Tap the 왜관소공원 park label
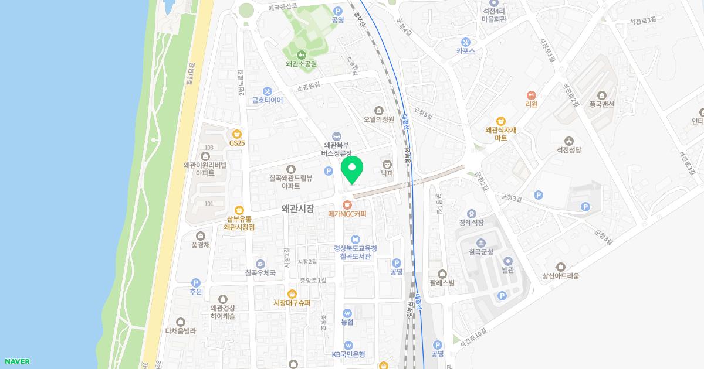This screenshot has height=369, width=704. pos(301,64)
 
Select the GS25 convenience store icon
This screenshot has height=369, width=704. pos(237,134)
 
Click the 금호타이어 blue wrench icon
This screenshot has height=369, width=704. pos(268,91)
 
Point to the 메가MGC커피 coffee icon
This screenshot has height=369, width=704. pos(347,204)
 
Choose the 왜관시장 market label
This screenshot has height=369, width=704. pos(297,208)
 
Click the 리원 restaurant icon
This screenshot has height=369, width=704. pos(531,95)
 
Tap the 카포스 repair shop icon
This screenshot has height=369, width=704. pos(466,42)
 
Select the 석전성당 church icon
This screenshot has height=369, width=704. pos(568,141)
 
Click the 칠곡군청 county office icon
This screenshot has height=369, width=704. pos(481,243)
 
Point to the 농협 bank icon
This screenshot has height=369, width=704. pos(347,313)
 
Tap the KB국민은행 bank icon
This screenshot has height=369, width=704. pos(348,345)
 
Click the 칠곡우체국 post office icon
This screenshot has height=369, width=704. pos(260,264)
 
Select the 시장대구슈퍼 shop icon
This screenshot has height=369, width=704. pos(292,293)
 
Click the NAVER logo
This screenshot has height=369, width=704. pos(16,361)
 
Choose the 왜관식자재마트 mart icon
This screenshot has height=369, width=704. pos(500,121)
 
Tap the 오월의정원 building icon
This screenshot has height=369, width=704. pos(378,110)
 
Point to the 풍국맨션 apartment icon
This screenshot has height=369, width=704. pos(603,95)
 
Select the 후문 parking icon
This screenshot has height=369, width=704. pos(195,283)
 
